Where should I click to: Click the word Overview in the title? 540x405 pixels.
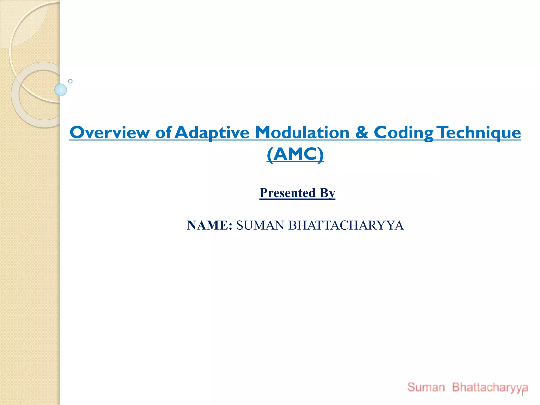pyautogui.click(x=110, y=132)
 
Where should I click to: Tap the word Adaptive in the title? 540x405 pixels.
pyautogui.click(x=212, y=132)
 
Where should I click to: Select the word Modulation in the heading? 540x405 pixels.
pyautogui.click(x=302, y=132)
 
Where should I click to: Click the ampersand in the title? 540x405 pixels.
pyautogui.click(x=362, y=132)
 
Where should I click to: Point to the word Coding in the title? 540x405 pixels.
pyautogui.click(x=403, y=132)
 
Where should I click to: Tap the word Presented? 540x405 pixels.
pyautogui.click(x=288, y=193)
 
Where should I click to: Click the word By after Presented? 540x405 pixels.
pyautogui.click(x=327, y=193)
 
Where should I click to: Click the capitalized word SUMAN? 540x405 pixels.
pyautogui.click(x=260, y=225)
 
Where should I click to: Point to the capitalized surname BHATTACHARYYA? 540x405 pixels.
pyautogui.click(x=346, y=225)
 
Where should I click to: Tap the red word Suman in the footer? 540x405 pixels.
pyautogui.click(x=426, y=387)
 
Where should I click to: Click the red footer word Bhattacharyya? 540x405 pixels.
pyautogui.click(x=490, y=387)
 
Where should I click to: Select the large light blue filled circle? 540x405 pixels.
pyautogui.click(x=61, y=90)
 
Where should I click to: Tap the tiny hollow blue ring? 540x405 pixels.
pyautogui.click(x=70, y=81)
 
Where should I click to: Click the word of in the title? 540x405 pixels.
pyautogui.click(x=163, y=132)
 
